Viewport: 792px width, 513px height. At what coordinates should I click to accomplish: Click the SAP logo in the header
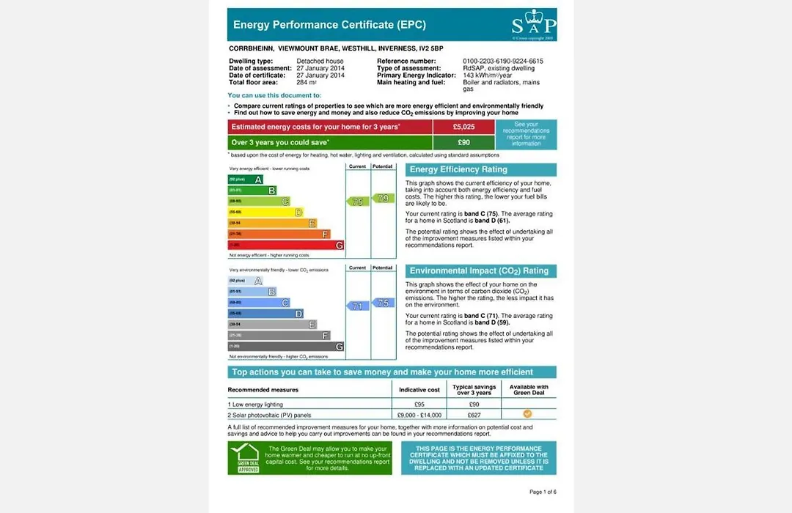click(533, 26)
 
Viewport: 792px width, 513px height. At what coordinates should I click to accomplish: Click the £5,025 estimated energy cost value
click(463, 127)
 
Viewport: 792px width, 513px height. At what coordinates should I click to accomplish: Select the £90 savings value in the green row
click(463, 142)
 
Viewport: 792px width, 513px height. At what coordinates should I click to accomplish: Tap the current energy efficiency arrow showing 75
click(357, 202)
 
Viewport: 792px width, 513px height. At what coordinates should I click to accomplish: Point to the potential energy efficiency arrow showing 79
click(383, 198)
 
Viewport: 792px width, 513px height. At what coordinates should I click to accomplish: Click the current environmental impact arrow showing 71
click(357, 306)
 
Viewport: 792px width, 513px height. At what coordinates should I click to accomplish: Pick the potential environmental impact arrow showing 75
click(383, 303)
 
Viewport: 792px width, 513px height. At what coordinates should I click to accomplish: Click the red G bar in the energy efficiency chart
click(286, 246)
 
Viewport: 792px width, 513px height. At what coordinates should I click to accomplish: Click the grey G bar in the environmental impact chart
click(286, 347)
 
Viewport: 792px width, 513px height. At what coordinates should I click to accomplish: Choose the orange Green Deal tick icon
click(528, 414)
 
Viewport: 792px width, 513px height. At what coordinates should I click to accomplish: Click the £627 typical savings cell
click(474, 415)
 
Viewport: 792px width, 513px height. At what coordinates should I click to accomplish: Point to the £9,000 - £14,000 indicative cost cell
click(419, 415)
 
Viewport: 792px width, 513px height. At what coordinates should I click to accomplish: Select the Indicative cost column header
click(419, 390)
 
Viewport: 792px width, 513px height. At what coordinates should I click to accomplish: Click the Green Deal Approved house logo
click(243, 457)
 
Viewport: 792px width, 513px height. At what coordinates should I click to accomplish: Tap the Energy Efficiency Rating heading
click(458, 170)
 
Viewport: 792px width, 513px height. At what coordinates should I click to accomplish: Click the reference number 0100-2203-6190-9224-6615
click(503, 61)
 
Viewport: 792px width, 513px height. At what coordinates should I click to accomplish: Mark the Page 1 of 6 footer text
click(548, 492)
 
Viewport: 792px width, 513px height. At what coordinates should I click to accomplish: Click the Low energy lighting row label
click(257, 405)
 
